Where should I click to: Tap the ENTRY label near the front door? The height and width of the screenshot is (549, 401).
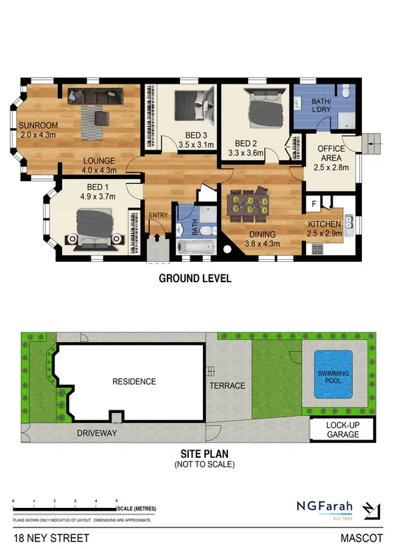[x=158, y=216]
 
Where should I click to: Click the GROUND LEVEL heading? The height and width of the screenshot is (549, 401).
[x=195, y=279]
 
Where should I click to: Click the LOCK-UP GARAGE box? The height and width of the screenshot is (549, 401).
[x=342, y=430]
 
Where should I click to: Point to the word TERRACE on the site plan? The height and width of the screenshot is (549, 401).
[x=228, y=385]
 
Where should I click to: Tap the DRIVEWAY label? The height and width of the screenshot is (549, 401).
[x=97, y=433]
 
